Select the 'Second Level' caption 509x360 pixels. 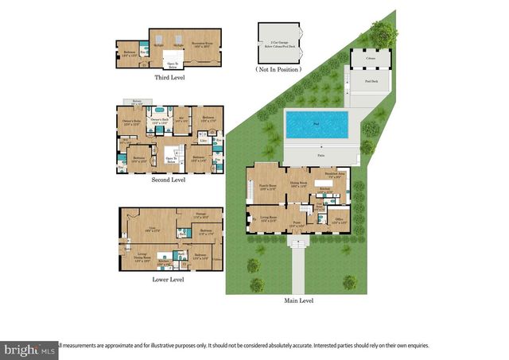pos(167,180)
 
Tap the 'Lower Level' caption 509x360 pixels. pos(167,280)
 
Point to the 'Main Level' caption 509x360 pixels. pos(299,300)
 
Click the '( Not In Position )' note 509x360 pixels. pos(278,70)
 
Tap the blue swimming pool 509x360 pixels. pos(317,124)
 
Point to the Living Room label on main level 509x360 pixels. pos(267,217)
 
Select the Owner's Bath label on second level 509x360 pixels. pos(159,121)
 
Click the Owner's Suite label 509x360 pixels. pos(130,122)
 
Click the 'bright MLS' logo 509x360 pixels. pos(29,349)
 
